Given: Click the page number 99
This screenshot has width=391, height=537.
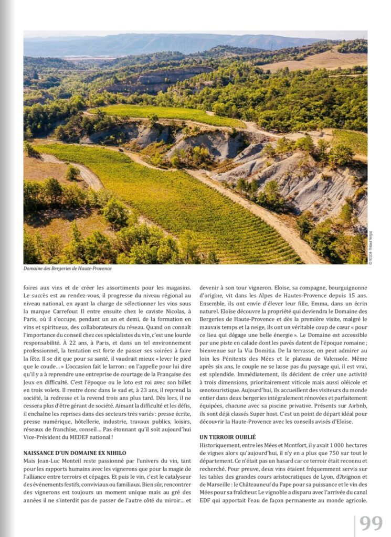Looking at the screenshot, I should [371, 523].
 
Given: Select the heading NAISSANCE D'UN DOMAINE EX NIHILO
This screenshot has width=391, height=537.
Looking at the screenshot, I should [75, 452].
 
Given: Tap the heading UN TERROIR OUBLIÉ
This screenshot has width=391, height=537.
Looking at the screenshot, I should [227, 437].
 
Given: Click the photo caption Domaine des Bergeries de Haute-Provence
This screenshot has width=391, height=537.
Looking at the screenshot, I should [67, 268].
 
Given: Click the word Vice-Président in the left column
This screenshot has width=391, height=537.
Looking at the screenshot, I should [40, 436].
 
